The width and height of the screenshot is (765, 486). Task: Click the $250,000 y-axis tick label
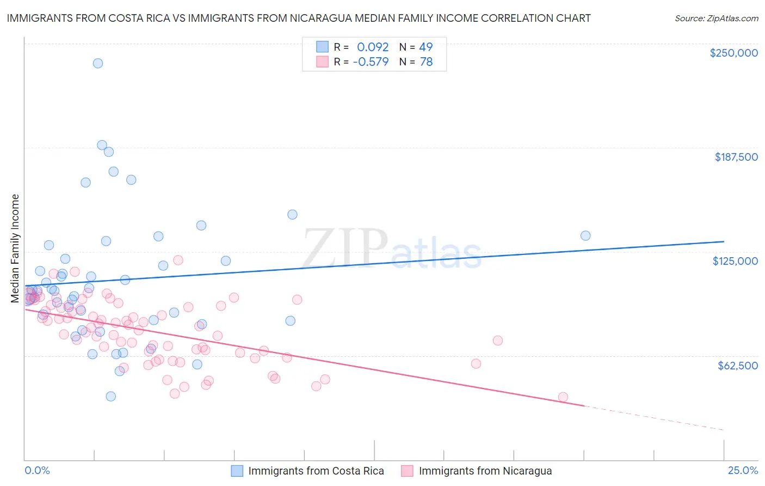pos(733,53)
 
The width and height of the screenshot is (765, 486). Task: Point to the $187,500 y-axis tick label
pos(736,157)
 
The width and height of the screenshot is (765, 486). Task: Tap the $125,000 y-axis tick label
pos(735,261)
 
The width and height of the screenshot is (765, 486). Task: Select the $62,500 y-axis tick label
pos(737,365)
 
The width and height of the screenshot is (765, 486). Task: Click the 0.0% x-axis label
pos(37,470)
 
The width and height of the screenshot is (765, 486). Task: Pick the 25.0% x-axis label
pos(743,470)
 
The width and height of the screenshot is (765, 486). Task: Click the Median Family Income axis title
pos(15,248)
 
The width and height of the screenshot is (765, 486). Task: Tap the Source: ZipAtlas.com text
pos(716,19)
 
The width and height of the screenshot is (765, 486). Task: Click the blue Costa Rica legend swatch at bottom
pos(237,471)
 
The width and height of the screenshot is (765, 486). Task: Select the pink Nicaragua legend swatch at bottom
pos(407,471)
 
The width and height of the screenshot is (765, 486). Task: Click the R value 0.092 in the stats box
pos(373,47)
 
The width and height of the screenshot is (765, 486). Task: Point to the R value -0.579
pos(371,62)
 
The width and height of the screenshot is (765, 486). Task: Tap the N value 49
pos(426,47)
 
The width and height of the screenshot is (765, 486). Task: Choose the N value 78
pos(426,62)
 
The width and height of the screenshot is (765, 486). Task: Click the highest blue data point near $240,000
pos(98,63)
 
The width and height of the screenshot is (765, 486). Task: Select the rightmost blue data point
pos(585,236)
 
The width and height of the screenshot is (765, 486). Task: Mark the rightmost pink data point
pos(563,397)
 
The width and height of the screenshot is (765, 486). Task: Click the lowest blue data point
pos(111,396)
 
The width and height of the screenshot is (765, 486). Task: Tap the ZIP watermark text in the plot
pos(345,248)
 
